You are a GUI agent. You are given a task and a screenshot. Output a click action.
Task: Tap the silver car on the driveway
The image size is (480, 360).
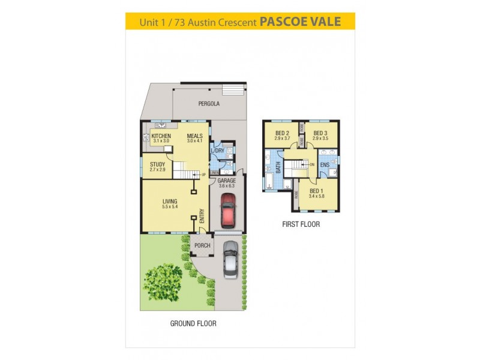click(x=230, y=259)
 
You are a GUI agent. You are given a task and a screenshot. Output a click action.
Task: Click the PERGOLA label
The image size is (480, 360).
click(x=209, y=104)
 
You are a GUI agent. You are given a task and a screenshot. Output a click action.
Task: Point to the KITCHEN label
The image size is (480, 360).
click(x=161, y=136)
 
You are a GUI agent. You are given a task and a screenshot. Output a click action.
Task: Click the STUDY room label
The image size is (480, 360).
click(x=157, y=164)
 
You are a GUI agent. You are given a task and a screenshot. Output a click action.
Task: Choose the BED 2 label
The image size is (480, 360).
click(x=283, y=133)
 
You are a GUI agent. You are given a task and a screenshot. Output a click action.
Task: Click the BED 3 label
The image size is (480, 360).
click(x=320, y=133)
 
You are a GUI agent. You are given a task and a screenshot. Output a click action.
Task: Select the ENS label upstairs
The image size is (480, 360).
click(x=324, y=164)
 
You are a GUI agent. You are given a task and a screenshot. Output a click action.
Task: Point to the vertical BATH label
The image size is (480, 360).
click(x=278, y=167)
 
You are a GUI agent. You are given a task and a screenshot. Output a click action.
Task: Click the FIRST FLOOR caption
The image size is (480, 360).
click(x=301, y=224)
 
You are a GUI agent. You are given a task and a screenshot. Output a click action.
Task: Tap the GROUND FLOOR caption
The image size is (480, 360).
click(x=193, y=323)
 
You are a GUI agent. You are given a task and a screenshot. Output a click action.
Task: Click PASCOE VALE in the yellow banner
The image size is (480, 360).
click(x=300, y=22)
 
